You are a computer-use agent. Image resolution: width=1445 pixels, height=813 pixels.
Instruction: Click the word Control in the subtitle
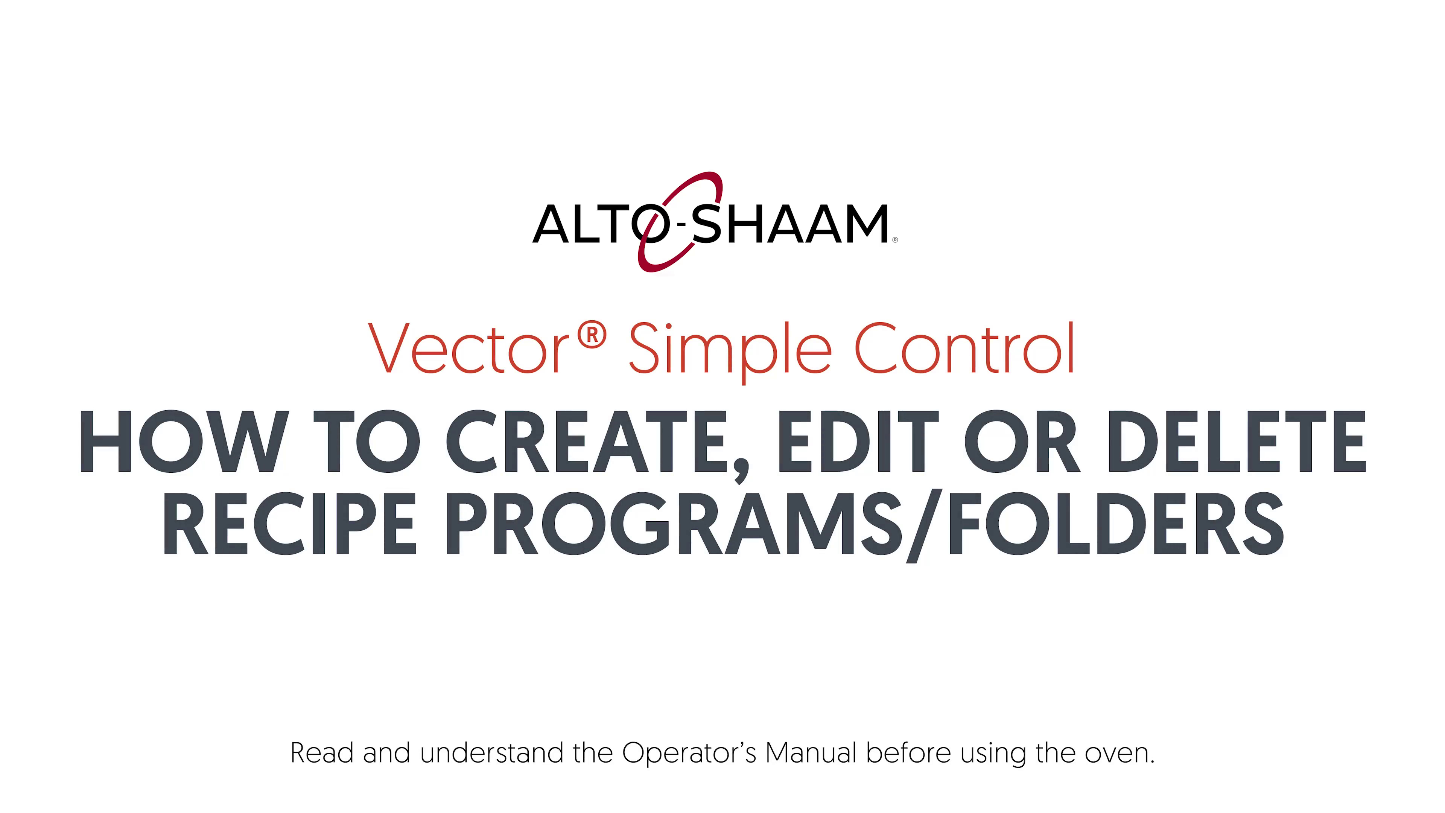click(964, 348)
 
